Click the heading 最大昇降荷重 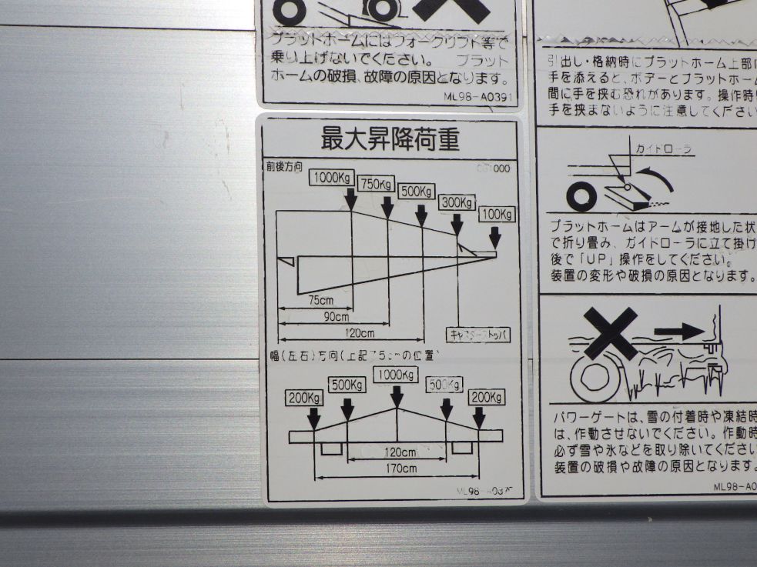(390, 140)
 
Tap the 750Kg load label (376, 185)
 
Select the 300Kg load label (457, 203)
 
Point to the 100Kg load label (497, 214)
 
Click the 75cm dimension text (320, 299)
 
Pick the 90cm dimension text (336, 316)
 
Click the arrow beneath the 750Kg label (387, 205)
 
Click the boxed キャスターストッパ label (478, 335)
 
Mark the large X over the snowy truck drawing (611, 333)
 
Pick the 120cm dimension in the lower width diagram (399, 451)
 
